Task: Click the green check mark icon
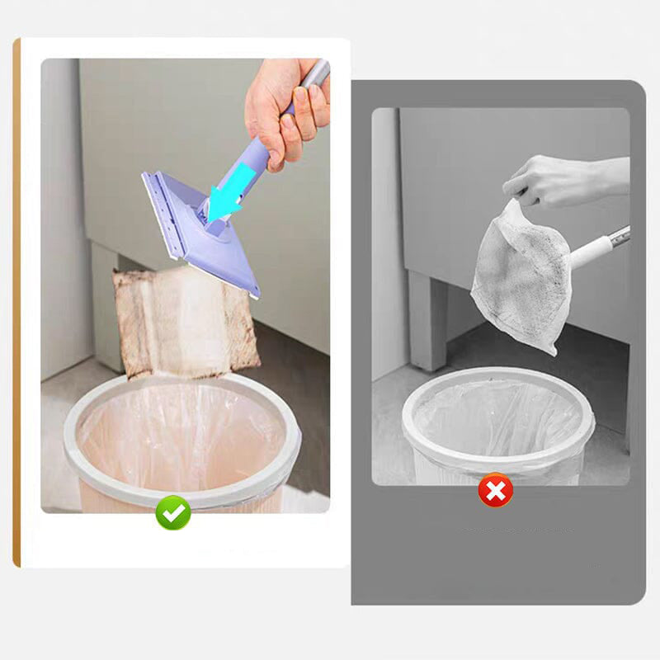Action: [x=173, y=513]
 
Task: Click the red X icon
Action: [x=495, y=493]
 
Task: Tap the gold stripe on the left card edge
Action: [x=16, y=305]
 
